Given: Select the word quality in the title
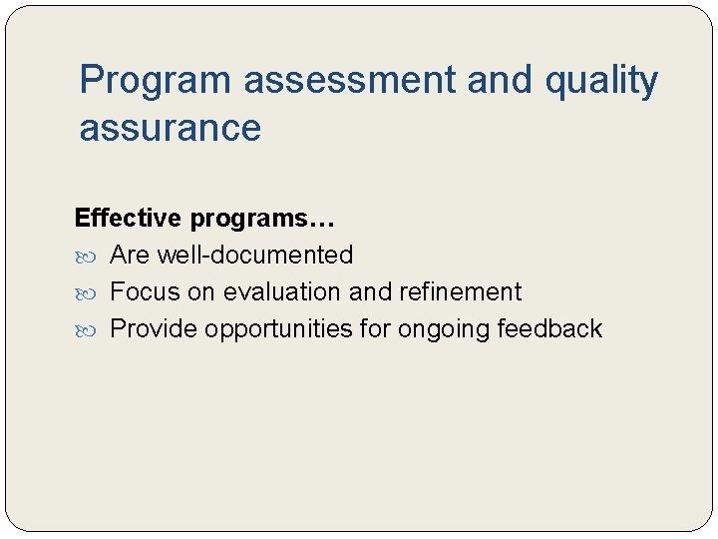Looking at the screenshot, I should tap(601, 81).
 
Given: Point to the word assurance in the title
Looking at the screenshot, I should tap(170, 128).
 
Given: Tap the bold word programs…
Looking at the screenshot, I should tap(260, 219).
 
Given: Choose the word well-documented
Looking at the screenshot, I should tap(254, 255).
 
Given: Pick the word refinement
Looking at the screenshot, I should tap(460, 291).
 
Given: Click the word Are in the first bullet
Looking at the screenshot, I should tap(130, 255).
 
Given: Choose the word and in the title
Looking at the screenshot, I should tap(498, 81).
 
